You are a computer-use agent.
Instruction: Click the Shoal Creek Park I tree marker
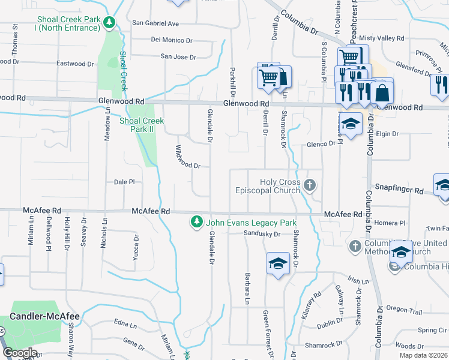point(109,23)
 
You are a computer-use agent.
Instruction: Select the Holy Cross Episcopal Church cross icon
point(310,185)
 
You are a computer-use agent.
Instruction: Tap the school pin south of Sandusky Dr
point(277,264)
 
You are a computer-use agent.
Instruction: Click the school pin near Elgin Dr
point(352,124)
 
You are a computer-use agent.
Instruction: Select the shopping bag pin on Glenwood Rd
point(382,93)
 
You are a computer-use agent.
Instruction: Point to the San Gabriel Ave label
point(155,23)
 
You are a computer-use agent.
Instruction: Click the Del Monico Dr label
point(172,40)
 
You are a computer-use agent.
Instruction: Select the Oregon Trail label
point(405,308)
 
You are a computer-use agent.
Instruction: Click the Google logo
point(20,353)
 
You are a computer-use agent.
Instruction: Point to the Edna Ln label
point(125,324)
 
